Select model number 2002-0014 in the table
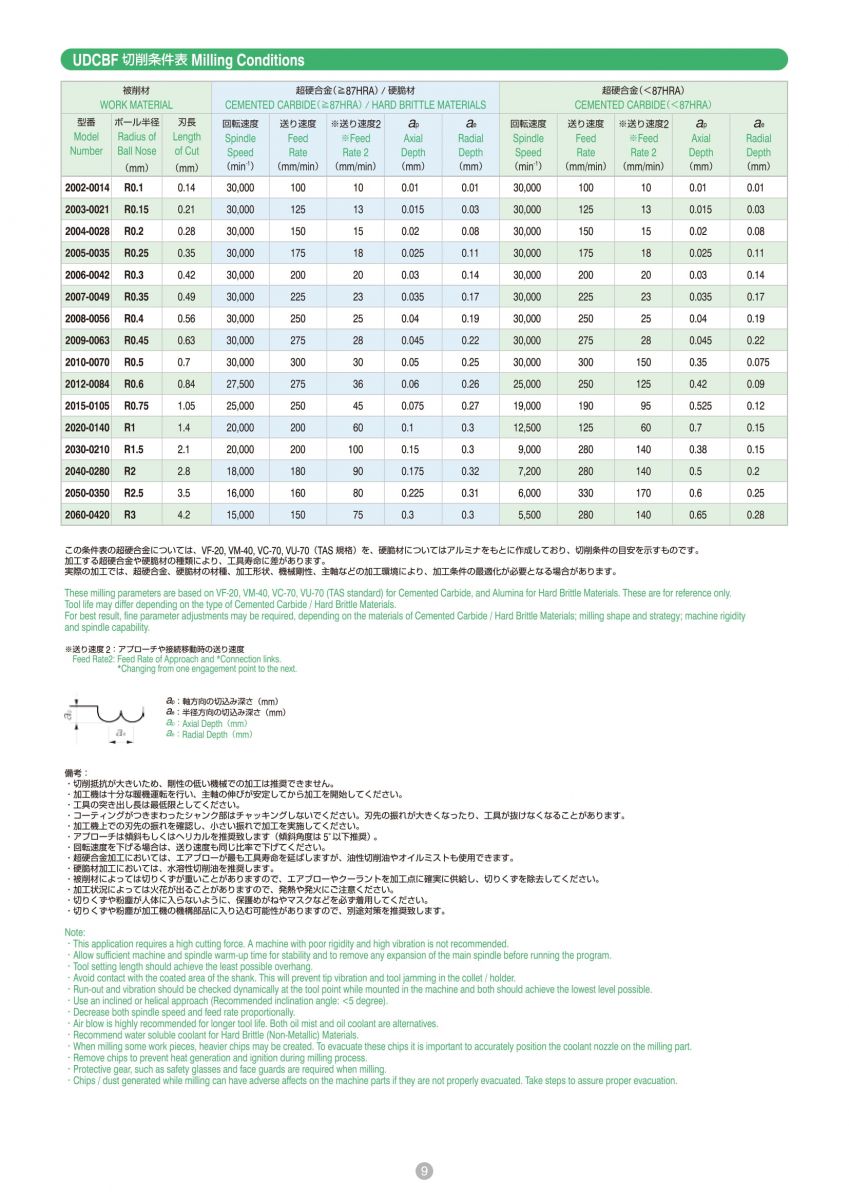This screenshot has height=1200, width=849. pos(86,188)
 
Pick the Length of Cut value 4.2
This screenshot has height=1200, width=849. pos(184,515)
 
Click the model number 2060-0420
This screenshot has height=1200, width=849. pos(86,515)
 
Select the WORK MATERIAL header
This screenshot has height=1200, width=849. pos(136,104)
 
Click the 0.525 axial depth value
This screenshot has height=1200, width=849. pos(700,405)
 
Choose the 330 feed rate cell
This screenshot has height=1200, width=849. pos(585,493)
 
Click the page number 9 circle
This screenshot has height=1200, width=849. pos(424,1171)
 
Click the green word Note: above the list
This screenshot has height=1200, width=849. pos(74,932)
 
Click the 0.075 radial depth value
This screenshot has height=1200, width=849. pos(757,362)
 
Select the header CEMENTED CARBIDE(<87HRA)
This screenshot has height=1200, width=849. pos(643,104)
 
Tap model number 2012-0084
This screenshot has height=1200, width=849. pos(86,384)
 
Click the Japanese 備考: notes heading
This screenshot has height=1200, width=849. pos(76,773)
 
